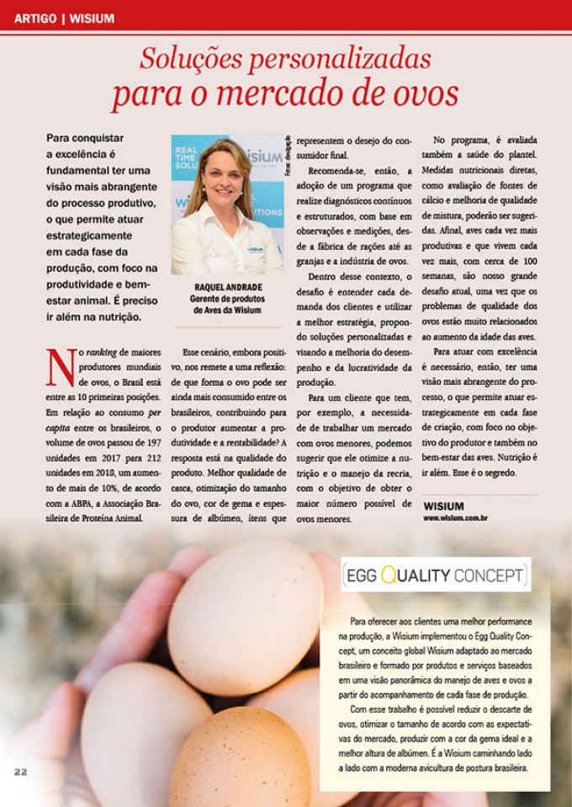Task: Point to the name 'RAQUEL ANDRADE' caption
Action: click(x=227, y=287)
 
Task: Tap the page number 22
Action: click(x=21, y=772)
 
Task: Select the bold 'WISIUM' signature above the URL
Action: click(x=444, y=506)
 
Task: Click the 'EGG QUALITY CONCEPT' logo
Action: click(x=435, y=576)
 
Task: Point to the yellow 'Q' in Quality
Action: click(x=389, y=576)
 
